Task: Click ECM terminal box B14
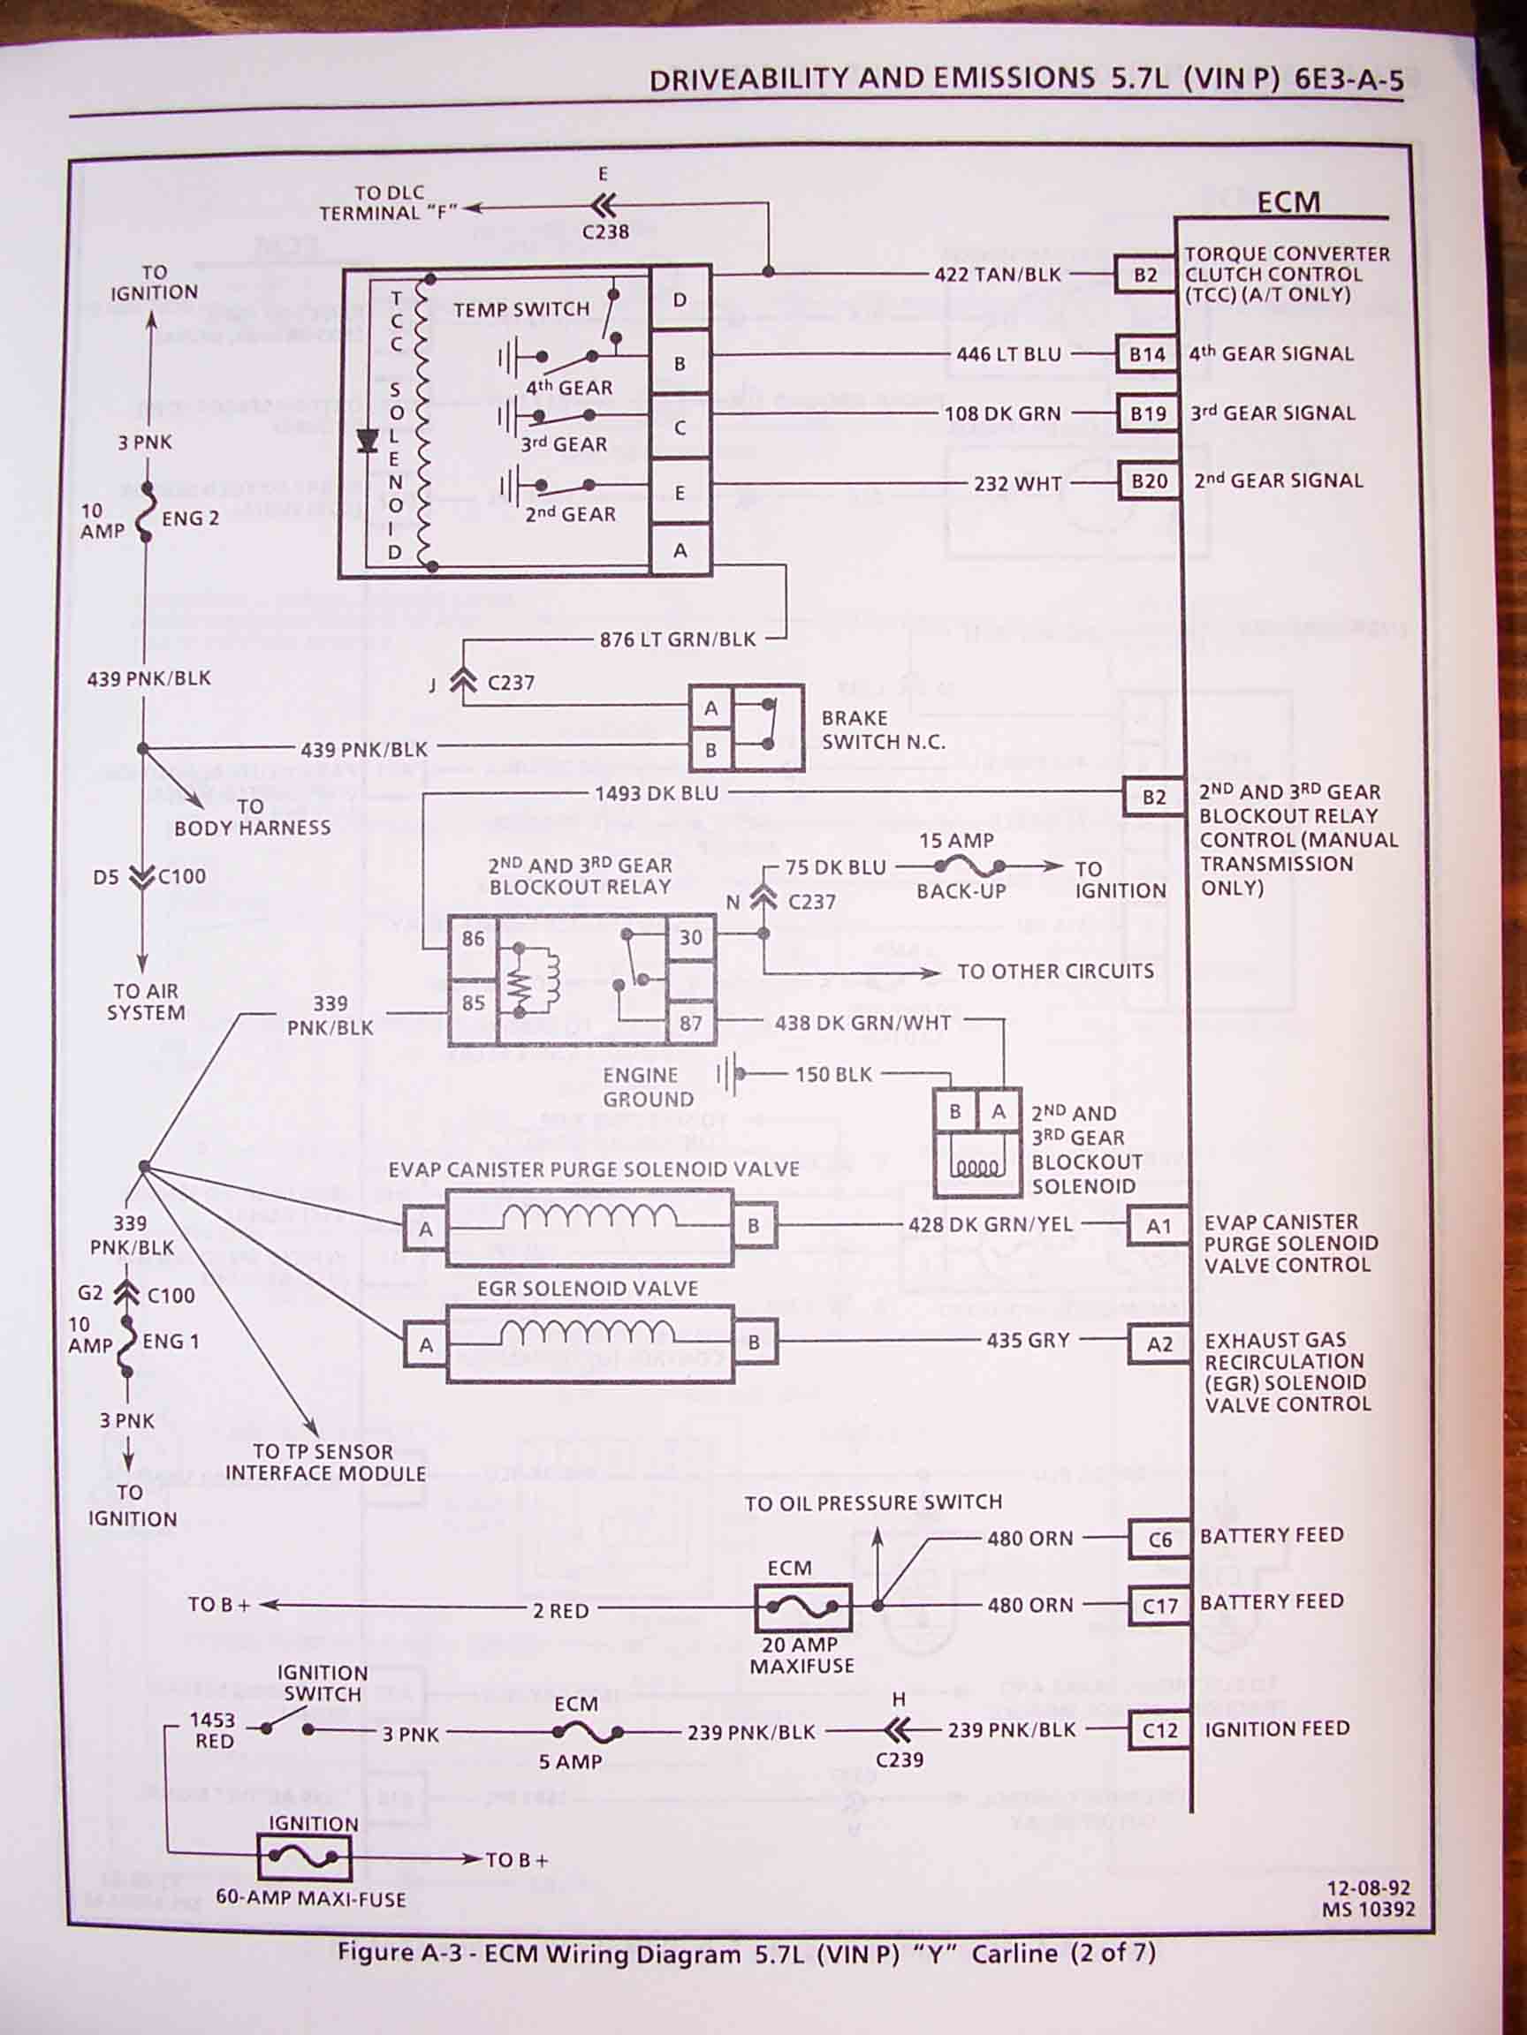click(x=1147, y=354)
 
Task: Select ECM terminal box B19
click(x=1148, y=414)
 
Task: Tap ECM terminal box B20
click(x=1149, y=481)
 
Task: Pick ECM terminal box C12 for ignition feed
click(x=1159, y=1730)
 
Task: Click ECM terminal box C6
click(x=1159, y=1539)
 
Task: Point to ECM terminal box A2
click(x=1159, y=1344)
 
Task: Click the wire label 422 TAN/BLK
click(x=997, y=274)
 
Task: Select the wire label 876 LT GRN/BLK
click(x=678, y=639)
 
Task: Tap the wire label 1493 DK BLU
click(x=657, y=793)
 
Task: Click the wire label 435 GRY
click(x=1027, y=1341)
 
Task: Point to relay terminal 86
click(x=473, y=938)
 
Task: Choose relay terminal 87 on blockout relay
click(x=690, y=1023)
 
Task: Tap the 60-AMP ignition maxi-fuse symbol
click(x=305, y=1859)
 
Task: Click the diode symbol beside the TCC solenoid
click(x=368, y=443)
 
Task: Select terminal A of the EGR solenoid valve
click(x=425, y=1345)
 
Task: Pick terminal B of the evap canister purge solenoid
click(x=754, y=1226)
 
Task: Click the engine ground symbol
click(x=728, y=1075)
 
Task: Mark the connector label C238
click(x=605, y=231)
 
